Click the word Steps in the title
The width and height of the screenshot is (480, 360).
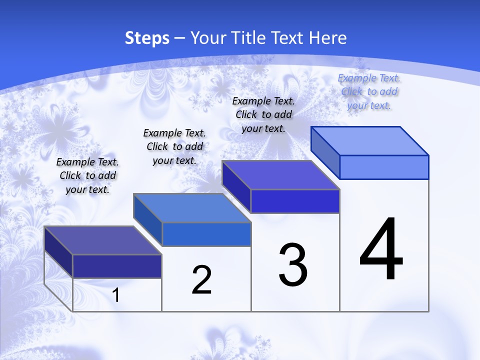[x=147, y=38]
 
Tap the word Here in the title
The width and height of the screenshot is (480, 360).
[x=327, y=38]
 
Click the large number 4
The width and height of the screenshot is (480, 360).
[x=381, y=250]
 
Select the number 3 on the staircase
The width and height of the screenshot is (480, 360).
[x=293, y=265]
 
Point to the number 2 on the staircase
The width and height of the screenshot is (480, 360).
[x=201, y=280]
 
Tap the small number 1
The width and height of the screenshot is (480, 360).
[x=115, y=295]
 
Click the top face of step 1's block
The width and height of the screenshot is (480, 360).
[x=102, y=240]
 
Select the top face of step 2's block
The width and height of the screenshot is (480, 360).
[x=192, y=208]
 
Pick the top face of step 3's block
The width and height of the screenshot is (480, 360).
[x=280, y=175]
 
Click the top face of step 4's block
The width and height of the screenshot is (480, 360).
[x=369, y=141]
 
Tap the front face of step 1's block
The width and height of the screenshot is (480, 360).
[x=117, y=266]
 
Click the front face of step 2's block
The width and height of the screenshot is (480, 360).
[x=206, y=234]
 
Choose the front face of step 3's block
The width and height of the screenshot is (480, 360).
[x=295, y=201]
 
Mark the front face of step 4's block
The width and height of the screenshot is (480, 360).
[x=384, y=167]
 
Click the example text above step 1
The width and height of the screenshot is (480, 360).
[x=87, y=175]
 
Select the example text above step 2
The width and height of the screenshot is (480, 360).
[x=174, y=146]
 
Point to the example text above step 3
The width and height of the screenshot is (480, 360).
[x=263, y=114]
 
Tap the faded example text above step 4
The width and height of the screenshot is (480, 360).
[x=369, y=91]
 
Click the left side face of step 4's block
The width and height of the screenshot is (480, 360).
[x=325, y=152]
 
